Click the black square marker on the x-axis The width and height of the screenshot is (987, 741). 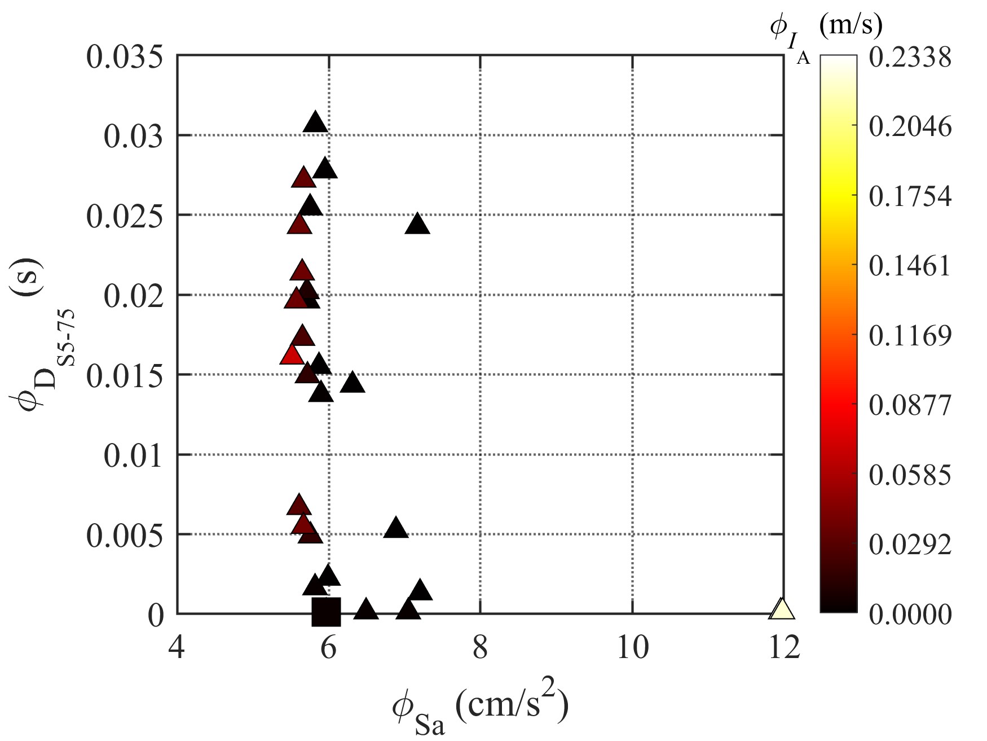pyautogui.click(x=327, y=612)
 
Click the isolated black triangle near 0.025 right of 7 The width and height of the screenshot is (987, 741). pyautogui.click(x=417, y=224)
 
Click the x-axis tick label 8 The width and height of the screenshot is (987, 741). pyautogui.click(x=480, y=647)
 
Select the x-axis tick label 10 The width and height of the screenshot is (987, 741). pyautogui.click(x=632, y=647)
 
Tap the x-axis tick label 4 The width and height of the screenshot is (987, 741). pyautogui.click(x=177, y=647)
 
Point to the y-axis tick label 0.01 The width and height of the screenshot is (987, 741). pyautogui.click(x=133, y=456)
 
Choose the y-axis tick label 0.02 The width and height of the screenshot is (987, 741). pyautogui.click(x=133, y=296)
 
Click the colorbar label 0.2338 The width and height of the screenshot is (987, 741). pyautogui.click(x=910, y=58)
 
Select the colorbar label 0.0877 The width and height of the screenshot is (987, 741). pyautogui.click(x=910, y=405)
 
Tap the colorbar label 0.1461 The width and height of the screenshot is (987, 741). pyautogui.click(x=910, y=266)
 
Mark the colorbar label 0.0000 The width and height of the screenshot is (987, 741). pyautogui.click(x=910, y=614)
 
